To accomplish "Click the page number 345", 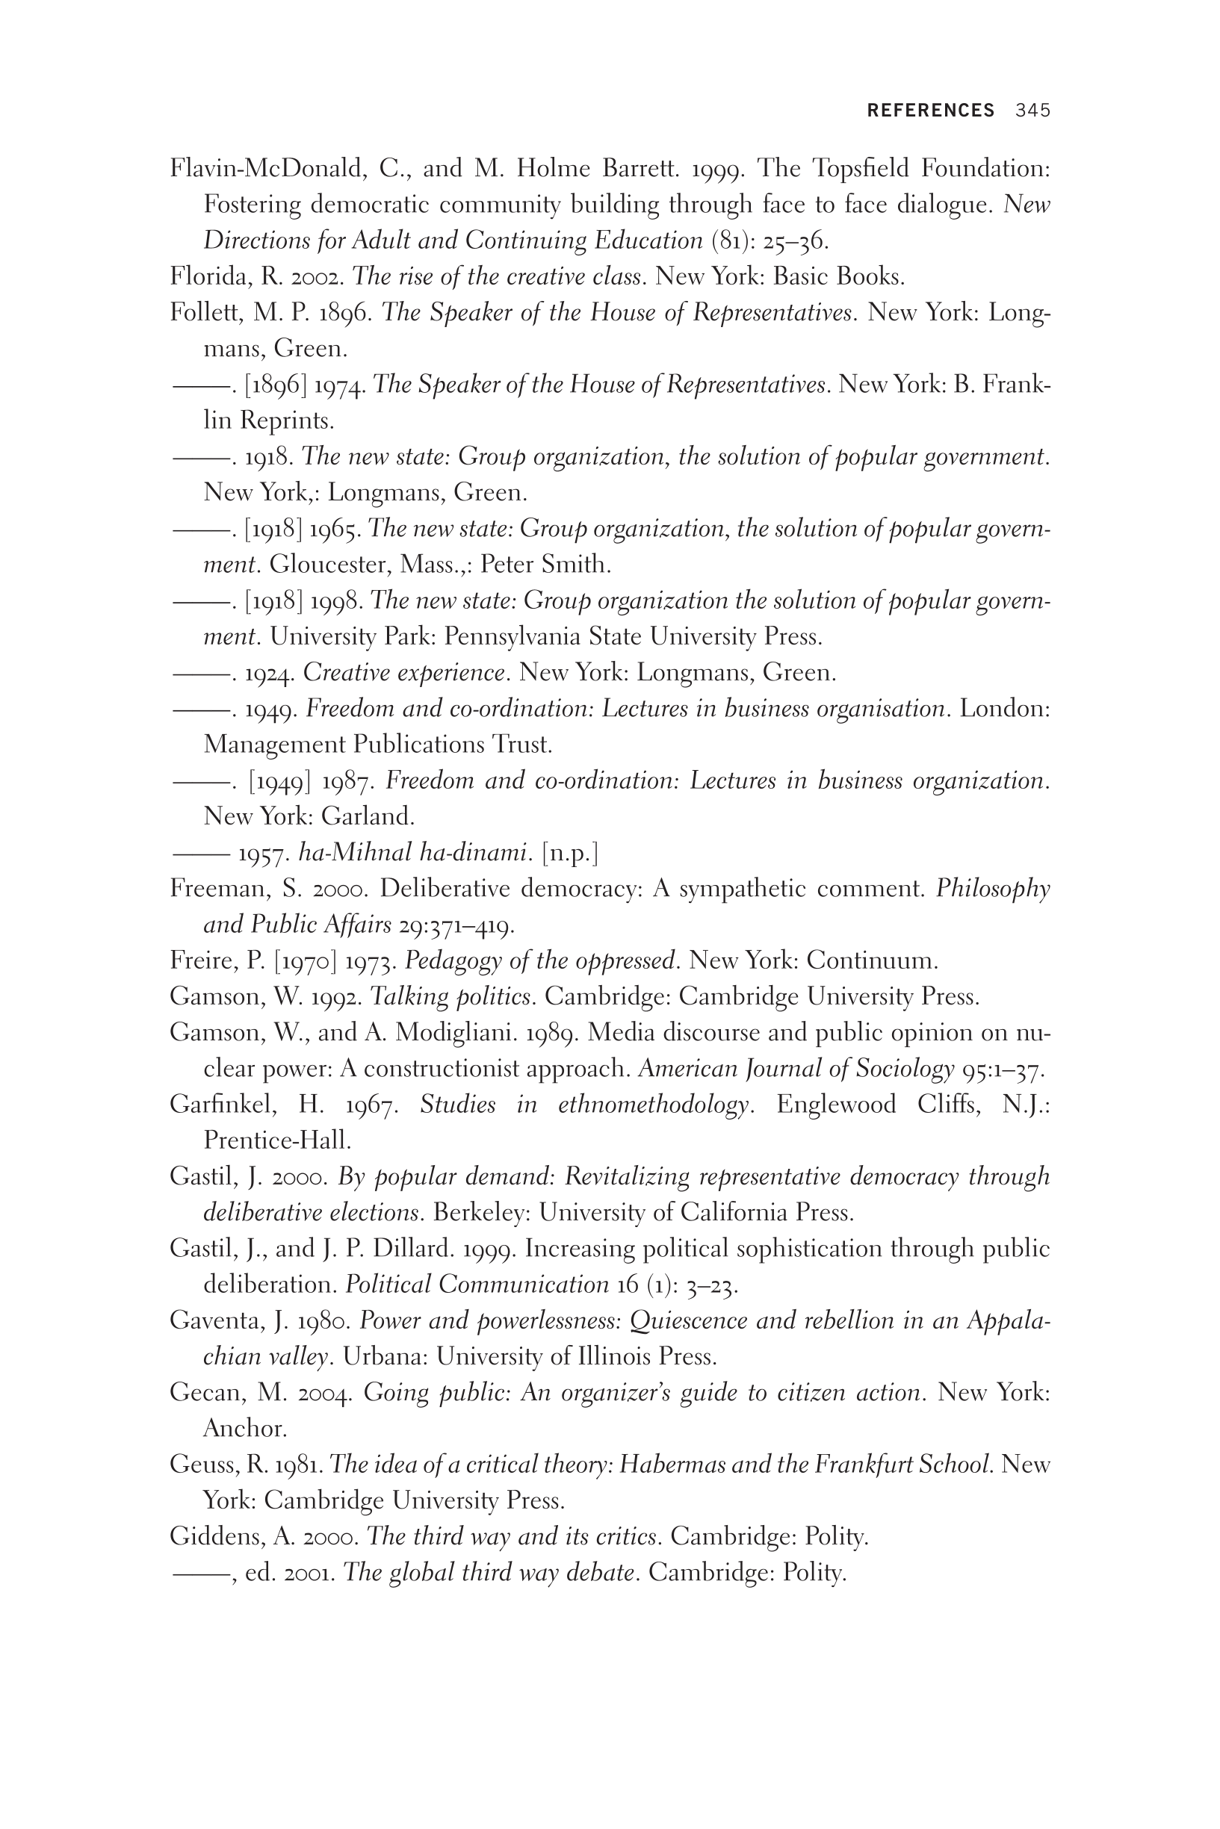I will point(1032,111).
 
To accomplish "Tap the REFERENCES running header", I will point(931,111).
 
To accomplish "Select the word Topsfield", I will point(870,168).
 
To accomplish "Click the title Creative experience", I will point(404,672).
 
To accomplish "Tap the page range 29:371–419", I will point(455,925).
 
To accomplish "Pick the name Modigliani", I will point(454,1033).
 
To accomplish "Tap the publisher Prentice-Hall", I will point(277,1141).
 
